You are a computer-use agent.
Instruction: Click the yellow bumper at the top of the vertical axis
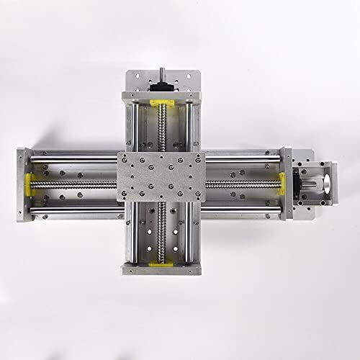click(x=163, y=102)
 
